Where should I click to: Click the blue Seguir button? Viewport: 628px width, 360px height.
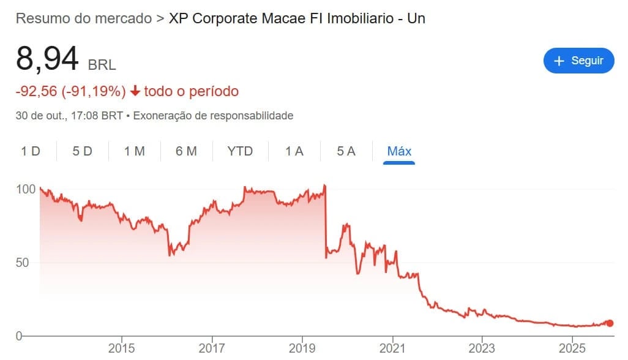(578, 61)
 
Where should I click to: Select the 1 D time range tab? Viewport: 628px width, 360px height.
(31, 151)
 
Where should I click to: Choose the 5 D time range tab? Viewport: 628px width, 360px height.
(82, 151)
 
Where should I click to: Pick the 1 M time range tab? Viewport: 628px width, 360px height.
(135, 151)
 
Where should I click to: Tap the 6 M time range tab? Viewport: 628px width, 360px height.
(186, 151)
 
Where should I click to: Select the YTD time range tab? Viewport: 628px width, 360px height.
(240, 151)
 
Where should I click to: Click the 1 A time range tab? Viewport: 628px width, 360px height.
(294, 151)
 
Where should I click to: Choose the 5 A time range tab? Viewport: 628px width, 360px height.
(346, 151)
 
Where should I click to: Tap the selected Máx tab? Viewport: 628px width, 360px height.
(399, 151)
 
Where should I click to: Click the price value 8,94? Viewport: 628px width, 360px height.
(47, 59)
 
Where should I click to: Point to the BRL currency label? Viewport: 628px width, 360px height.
(102, 64)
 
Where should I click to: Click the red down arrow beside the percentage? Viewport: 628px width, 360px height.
(135, 92)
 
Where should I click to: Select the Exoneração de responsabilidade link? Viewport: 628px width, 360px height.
(213, 115)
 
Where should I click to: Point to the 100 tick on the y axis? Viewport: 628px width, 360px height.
(26, 189)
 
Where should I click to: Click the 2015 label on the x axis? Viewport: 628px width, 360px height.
(121, 349)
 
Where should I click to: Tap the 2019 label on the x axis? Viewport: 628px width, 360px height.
(302, 349)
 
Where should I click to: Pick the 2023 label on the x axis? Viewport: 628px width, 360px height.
(482, 349)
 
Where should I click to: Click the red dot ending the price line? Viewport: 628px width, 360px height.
(610, 323)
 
